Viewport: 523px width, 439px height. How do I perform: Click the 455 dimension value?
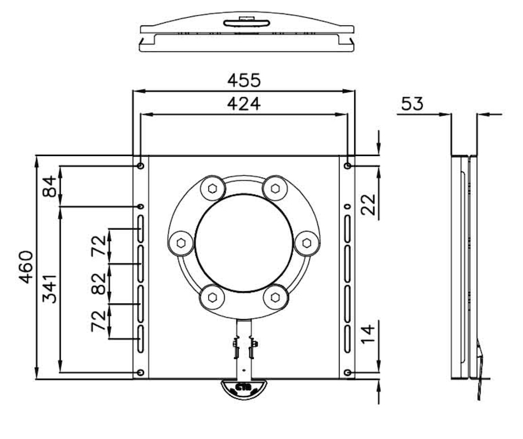point(244,81)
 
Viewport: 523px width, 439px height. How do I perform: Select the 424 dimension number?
point(244,104)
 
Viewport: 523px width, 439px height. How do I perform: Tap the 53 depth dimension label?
point(413,103)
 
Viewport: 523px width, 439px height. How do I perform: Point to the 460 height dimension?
point(26,267)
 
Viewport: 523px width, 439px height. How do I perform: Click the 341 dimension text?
point(50,289)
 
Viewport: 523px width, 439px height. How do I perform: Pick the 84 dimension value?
point(50,187)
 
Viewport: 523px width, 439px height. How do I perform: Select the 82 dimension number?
point(98,284)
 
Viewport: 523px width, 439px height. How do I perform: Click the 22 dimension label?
point(368,204)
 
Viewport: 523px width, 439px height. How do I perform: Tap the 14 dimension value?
point(368,334)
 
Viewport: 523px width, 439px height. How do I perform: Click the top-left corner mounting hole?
point(140,166)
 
